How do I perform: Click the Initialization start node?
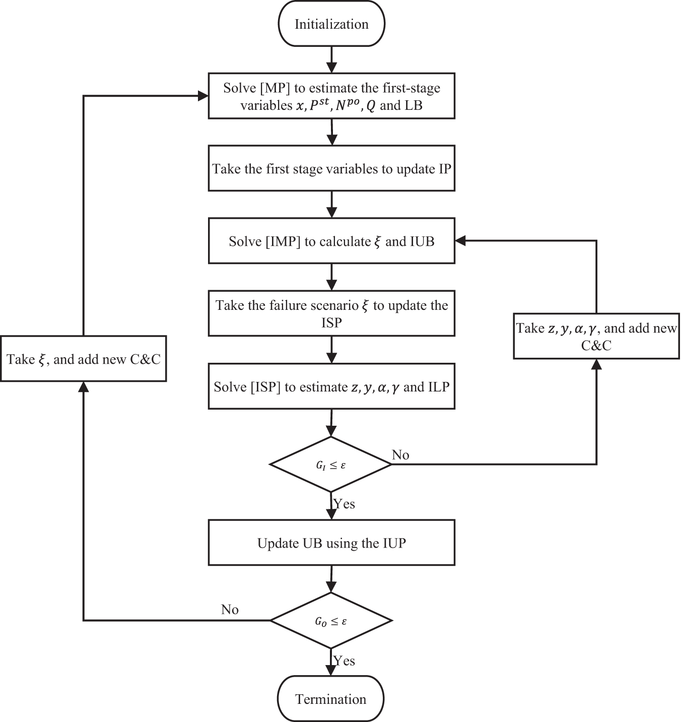point(331,24)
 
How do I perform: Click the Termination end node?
point(331,699)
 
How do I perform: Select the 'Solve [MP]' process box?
point(331,96)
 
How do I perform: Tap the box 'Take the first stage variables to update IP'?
point(331,169)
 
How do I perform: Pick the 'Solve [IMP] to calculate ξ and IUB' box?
point(331,241)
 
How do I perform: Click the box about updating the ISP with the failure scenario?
point(331,313)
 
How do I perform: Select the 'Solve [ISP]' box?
point(331,386)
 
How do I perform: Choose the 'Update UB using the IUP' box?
point(331,543)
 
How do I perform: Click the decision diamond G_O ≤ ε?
point(331,621)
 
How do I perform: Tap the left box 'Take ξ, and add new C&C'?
point(84,359)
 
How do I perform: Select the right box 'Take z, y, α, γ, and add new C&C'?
point(596,337)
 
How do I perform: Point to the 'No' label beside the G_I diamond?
point(400,455)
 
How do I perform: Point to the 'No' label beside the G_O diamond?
point(230,610)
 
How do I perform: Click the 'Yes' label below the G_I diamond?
point(345,504)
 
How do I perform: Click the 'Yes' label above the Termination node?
point(345,661)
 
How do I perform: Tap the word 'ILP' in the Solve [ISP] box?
point(438,386)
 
